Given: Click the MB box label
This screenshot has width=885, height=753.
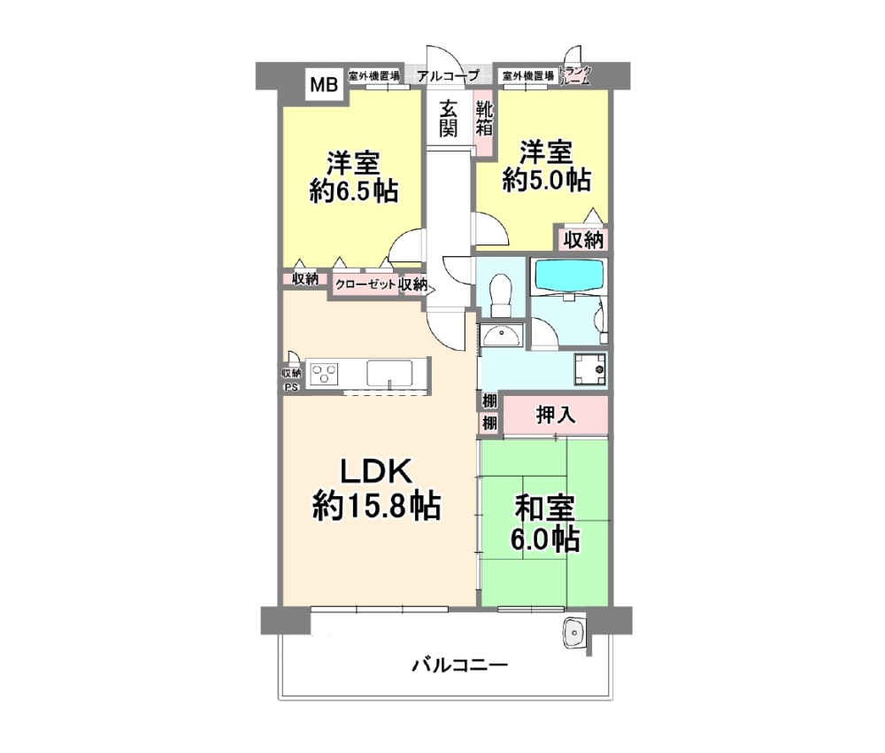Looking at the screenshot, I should tap(323, 85).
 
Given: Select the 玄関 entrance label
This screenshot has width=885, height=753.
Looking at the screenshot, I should tap(450, 119).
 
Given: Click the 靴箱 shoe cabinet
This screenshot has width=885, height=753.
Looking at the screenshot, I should tap(484, 119).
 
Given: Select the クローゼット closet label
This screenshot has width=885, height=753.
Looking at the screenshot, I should tap(365, 284).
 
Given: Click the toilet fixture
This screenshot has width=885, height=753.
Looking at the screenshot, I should tap(501, 292).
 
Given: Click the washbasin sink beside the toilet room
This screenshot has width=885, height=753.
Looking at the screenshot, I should tap(502, 336).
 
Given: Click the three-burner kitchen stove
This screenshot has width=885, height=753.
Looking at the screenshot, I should tap(324, 372).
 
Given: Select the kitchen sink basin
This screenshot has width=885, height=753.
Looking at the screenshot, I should tap(390, 372).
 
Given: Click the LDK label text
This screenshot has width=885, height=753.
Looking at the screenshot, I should tap(373, 471).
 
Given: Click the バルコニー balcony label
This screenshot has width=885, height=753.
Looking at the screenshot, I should tap(458, 664).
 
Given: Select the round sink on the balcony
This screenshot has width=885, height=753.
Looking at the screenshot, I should tap(574, 632).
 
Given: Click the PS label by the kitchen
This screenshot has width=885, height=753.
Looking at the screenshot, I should tap(291, 386).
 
